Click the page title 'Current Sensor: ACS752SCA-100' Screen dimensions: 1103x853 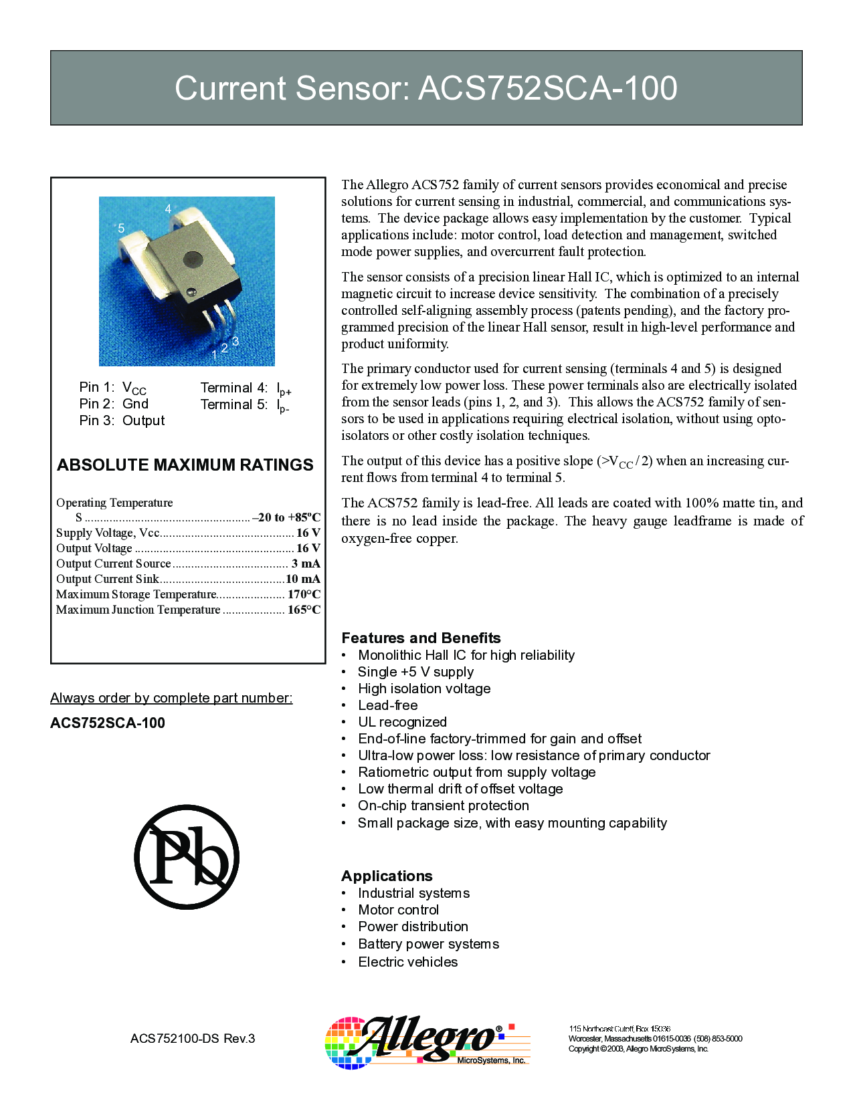[x=426, y=88]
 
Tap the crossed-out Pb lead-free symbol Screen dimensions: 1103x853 [x=187, y=856]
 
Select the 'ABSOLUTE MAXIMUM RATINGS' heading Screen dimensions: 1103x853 [x=185, y=465]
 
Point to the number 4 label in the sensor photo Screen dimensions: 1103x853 [x=169, y=209]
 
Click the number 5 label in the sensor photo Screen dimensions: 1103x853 [x=121, y=229]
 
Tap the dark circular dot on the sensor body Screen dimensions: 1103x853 [x=193, y=259]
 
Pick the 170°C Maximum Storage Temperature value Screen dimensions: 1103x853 [x=304, y=594]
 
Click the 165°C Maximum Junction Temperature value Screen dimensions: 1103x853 [x=304, y=610]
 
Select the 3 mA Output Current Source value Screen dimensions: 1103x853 [x=306, y=564]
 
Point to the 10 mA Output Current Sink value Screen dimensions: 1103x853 [x=303, y=579]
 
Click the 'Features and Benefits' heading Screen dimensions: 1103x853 [x=421, y=638]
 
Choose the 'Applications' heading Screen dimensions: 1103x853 [x=387, y=876]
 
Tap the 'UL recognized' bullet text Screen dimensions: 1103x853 [x=402, y=722]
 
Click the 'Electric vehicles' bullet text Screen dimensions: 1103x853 [x=407, y=962]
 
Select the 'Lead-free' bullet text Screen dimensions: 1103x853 [x=387, y=705]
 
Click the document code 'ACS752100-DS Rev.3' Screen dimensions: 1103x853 [x=193, y=1038]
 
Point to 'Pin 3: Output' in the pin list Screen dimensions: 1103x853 [x=122, y=420]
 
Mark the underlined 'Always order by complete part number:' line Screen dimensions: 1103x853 [x=171, y=698]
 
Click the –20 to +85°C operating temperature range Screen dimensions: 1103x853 [x=286, y=517]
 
